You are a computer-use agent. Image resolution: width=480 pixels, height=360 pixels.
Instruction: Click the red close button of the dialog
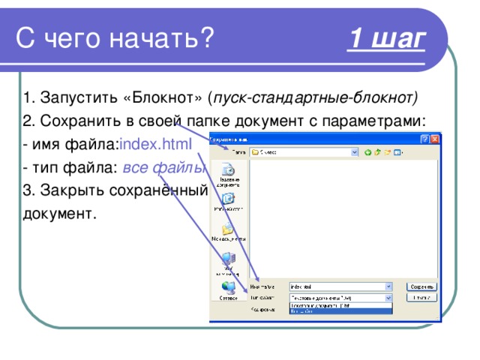pyautogui.click(x=435, y=139)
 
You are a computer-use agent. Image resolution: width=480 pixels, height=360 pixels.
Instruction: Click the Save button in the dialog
pyautogui.click(x=422, y=286)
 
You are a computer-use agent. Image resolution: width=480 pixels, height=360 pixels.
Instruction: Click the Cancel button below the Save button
pyautogui.click(x=422, y=298)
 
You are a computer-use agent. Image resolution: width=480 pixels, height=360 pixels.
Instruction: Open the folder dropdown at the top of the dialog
pyautogui.click(x=355, y=151)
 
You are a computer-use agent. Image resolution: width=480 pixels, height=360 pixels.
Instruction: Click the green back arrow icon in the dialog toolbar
pyautogui.click(x=368, y=151)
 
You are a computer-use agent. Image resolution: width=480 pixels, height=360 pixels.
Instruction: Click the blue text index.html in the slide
pyautogui.click(x=155, y=143)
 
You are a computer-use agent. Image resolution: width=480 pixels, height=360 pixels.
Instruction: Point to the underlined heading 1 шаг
pyautogui.click(x=387, y=38)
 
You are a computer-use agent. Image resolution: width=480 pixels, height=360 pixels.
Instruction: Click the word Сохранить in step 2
pyautogui.click(x=75, y=121)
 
